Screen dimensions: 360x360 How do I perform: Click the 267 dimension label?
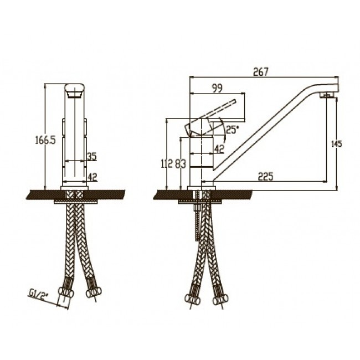[261, 72]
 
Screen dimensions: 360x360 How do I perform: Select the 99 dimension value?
[217, 89]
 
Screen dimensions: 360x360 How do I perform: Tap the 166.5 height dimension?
[45, 140]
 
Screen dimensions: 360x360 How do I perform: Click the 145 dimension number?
[337, 144]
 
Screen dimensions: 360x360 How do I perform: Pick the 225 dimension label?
[266, 177]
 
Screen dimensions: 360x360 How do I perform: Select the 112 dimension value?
[167, 164]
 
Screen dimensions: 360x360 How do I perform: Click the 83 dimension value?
[181, 164]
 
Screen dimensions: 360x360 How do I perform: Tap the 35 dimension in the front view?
[92, 157]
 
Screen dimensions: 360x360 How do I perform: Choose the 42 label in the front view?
[92, 177]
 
